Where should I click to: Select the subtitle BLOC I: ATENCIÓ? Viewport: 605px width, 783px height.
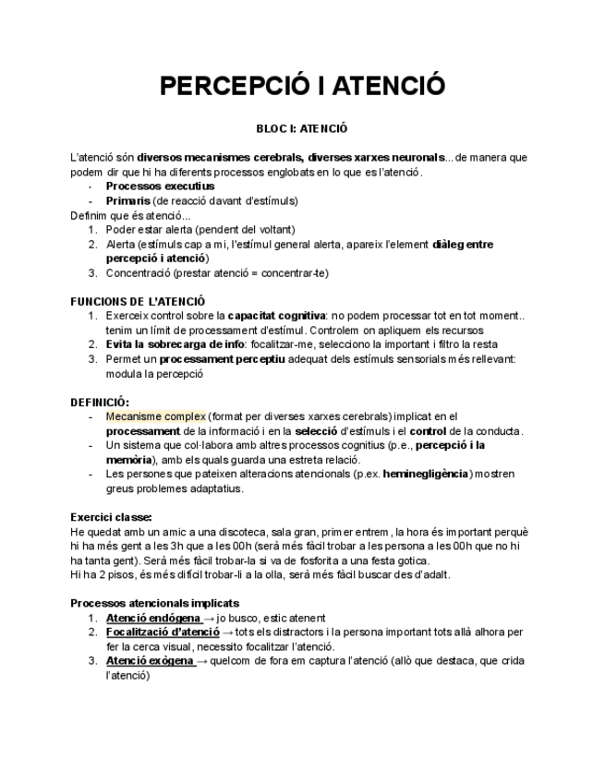click(x=302, y=130)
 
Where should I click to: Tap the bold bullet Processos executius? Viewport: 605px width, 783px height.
click(x=160, y=186)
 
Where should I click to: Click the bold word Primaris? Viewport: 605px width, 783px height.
click(x=128, y=200)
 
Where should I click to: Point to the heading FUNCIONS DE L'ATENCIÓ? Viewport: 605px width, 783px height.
click(x=138, y=301)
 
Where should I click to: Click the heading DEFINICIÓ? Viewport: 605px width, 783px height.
click(x=100, y=402)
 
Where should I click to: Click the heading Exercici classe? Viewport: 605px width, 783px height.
click(x=111, y=517)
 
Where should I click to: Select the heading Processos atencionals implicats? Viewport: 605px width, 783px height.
click(x=155, y=603)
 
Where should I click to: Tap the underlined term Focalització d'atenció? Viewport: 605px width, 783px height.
click(x=163, y=632)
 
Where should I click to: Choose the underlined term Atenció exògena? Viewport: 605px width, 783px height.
click(x=150, y=661)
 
